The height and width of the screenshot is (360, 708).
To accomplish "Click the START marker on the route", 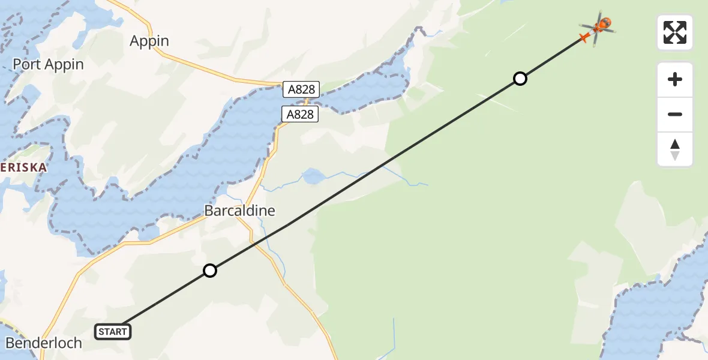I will click(113, 331).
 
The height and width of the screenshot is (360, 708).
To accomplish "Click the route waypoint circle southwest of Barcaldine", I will click(209, 271).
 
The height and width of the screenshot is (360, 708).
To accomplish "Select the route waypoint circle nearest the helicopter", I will click(520, 79).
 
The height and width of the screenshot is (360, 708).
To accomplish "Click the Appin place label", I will click(149, 41).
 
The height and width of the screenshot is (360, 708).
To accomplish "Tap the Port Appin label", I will click(49, 64).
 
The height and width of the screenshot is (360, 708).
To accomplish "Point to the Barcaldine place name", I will click(240, 211).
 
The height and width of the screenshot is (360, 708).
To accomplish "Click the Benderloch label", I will click(43, 343).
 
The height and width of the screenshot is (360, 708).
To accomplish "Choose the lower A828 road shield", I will click(300, 114).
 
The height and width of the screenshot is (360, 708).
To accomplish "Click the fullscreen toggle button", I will click(675, 32).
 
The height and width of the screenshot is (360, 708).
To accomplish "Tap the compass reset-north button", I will click(675, 149).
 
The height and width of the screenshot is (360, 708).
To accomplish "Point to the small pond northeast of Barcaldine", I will click(312, 176).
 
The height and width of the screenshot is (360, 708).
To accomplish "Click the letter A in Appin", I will click(135, 41).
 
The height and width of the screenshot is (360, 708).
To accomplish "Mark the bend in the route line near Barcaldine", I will click(288, 225).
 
